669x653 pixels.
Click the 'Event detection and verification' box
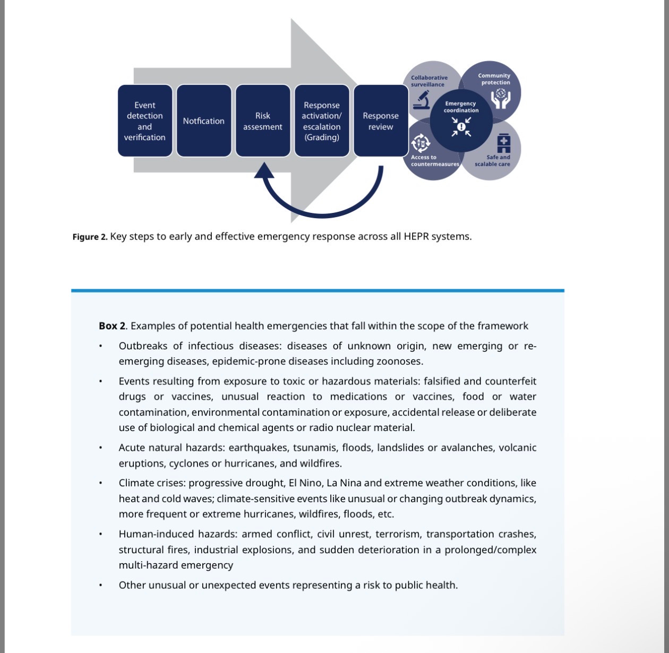145,121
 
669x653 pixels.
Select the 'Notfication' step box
204,121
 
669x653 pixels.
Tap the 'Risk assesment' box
263,121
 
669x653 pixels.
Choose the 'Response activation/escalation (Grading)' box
322,121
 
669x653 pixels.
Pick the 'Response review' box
381,121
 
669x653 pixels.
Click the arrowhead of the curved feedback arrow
264,171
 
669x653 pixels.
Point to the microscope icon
422,99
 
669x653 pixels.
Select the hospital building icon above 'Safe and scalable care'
503,143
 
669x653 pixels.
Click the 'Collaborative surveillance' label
429,81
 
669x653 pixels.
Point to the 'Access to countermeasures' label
434,161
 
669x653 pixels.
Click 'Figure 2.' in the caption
90,237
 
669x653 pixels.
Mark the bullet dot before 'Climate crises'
100,484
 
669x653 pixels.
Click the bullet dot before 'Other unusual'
100,586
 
